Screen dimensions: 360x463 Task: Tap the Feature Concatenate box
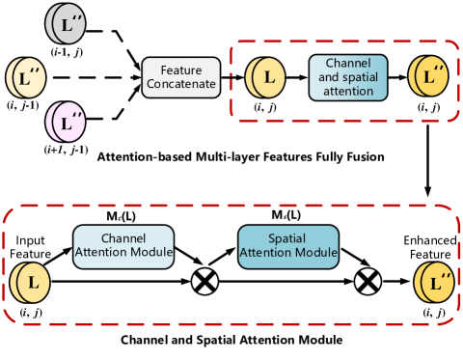coord(181,77)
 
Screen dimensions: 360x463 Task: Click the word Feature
coord(181,70)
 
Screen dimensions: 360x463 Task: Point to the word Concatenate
coord(181,85)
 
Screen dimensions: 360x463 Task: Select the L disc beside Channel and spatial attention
coord(265,76)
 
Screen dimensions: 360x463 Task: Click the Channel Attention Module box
coord(123,247)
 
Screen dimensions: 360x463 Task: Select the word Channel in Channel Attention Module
coord(123,239)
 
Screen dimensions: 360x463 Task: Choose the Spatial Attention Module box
coord(288,247)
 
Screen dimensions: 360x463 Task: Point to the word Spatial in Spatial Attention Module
coord(288,239)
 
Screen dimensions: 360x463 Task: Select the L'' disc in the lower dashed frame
coord(434,284)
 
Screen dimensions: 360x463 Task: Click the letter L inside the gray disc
coord(65,26)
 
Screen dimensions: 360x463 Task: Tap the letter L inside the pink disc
coord(64,125)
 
